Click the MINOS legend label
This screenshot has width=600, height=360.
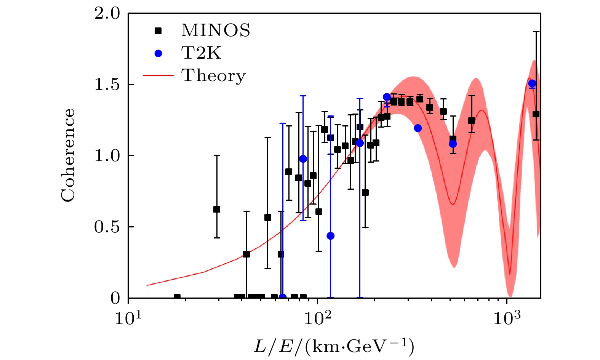click(216, 30)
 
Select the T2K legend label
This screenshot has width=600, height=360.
click(201, 53)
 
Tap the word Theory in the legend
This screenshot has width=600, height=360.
click(213, 75)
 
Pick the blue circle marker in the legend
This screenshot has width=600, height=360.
click(158, 54)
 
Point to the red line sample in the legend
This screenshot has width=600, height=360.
click(158, 76)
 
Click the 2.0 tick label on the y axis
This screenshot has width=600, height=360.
click(107, 14)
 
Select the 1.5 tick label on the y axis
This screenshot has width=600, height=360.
click(107, 85)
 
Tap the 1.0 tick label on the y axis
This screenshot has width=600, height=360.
click(107, 156)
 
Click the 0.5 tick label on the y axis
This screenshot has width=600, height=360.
click(107, 227)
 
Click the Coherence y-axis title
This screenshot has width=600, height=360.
click(68, 155)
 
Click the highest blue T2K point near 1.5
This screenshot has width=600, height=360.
click(532, 83)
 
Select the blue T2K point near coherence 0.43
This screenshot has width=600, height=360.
click(330, 236)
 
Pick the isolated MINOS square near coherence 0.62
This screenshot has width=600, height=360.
click(217, 209)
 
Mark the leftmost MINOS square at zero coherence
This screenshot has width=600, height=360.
click(177, 297)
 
